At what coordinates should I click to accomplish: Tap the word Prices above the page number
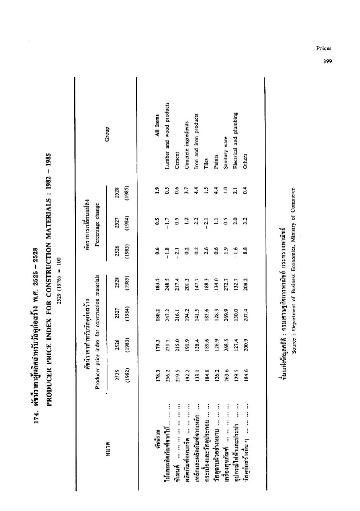[324, 48]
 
